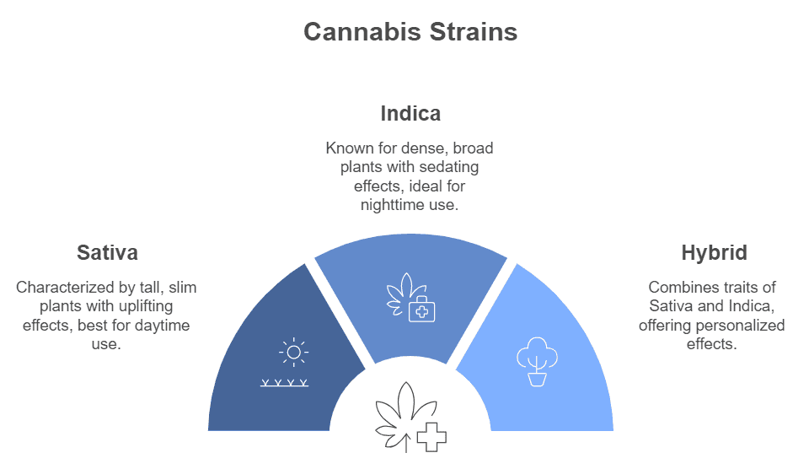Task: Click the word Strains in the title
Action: (473, 31)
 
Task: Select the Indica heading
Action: (410, 114)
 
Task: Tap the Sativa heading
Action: (107, 252)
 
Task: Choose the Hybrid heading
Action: (714, 253)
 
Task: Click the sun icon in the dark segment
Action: (293, 353)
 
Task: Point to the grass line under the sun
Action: (284, 383)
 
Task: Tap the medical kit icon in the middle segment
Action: (421, 310)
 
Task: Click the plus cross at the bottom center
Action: (431, 438)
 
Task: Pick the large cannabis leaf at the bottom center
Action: (403, 416)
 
